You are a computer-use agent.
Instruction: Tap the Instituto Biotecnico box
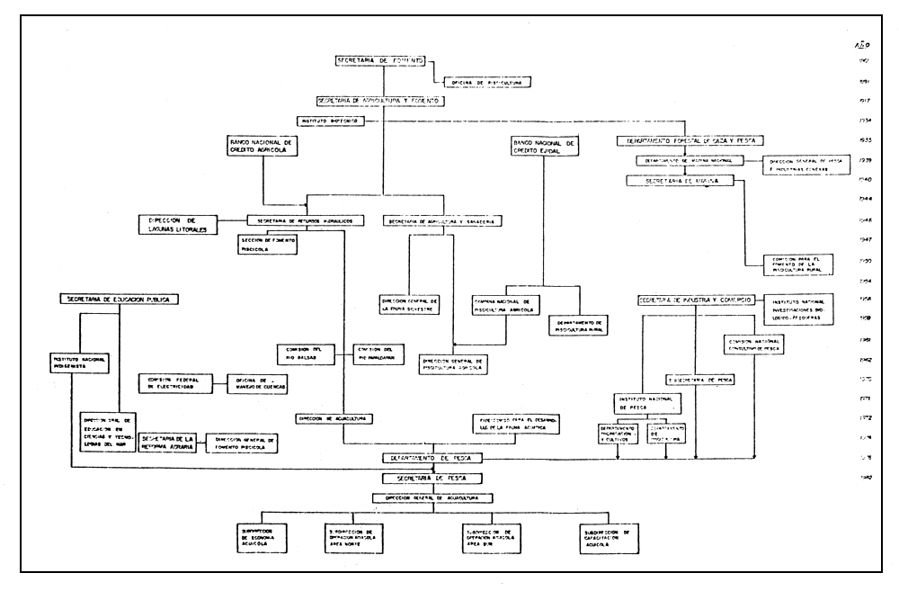(328, 120)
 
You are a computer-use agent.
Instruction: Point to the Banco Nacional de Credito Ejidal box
(544, 149)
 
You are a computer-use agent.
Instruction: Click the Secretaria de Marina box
(686, 181)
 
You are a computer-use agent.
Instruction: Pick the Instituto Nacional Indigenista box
(77, 363)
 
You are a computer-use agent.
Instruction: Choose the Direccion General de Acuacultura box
(438, 497)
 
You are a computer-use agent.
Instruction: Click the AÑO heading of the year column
(860, 43)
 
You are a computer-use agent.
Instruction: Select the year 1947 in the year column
(860, 241)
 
